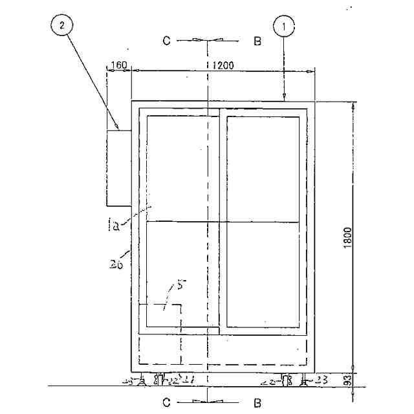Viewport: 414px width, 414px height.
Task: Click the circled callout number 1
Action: click(284, 28)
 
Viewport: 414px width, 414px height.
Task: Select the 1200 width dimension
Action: click(222, 65)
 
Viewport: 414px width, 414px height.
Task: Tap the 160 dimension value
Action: click(119, 65)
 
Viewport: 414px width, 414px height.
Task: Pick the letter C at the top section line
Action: click(167, 41)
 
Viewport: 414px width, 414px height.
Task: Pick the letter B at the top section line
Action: click(257, 41)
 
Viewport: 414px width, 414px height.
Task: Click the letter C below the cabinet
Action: click(167, 403)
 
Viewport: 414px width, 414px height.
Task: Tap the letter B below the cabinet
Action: click(257, 403)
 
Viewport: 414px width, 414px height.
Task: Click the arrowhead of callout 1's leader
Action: click(284, 98)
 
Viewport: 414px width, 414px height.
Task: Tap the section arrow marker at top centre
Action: click(207, 41)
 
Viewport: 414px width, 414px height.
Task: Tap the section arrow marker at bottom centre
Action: click(207, 402)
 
